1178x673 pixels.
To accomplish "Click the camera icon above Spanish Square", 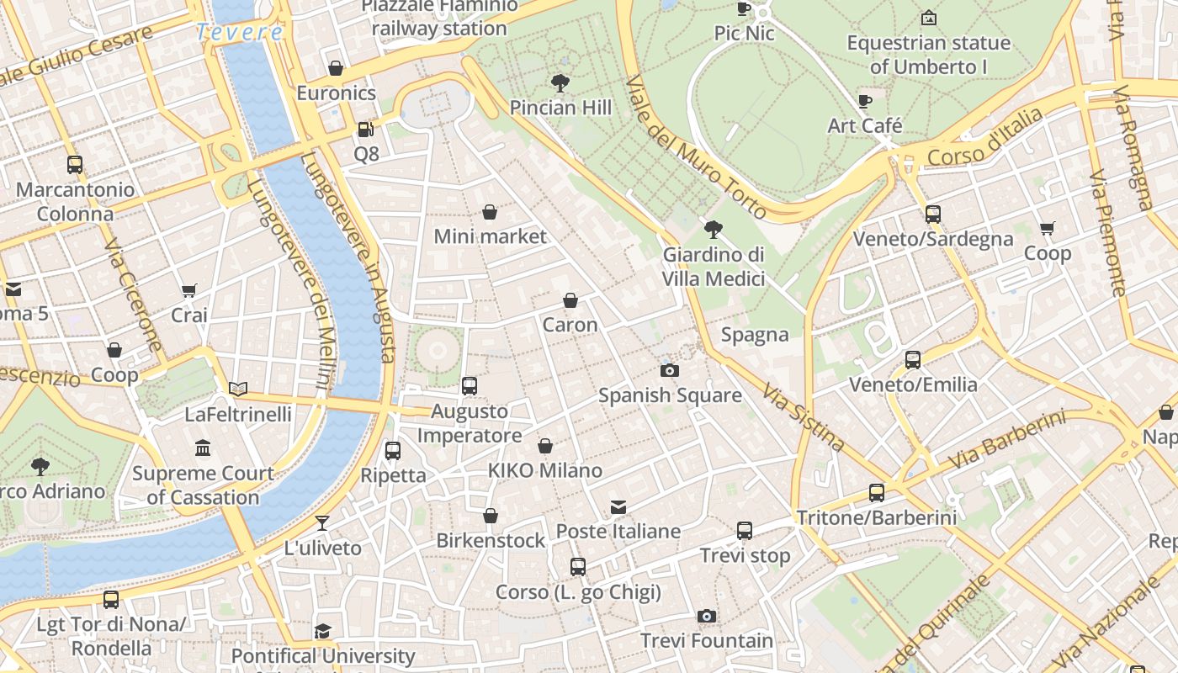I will (x=670, y=370).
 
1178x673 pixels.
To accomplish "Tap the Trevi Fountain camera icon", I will (x=707, y=616).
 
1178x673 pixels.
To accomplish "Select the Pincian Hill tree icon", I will (x=560, y=82).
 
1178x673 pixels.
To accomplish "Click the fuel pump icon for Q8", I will (x=366, y=129).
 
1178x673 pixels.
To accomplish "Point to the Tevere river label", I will (x=240, y=32).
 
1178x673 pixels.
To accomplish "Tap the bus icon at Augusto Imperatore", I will (x=470, y=386).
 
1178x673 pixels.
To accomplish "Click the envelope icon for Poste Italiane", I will (x=618, y=506).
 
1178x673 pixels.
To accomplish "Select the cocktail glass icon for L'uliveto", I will (x=322, y=522).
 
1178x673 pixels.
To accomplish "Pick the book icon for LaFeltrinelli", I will (x=238, y=389).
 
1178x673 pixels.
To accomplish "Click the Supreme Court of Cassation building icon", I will (x=203, y=448).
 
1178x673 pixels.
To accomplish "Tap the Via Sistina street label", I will (x=803, y=417).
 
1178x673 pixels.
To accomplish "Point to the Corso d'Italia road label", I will (x=984, y=138).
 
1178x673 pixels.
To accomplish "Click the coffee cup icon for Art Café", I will (x=865, y=101).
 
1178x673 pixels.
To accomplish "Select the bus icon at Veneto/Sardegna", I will (x=932, y=214).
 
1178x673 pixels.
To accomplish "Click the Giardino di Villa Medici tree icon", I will (x=714, y=228).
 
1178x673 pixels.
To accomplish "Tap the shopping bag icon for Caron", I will (x=570, y=300).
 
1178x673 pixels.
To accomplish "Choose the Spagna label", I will (x=755, y=335).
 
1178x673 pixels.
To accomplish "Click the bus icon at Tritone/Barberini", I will (x=877, y=493).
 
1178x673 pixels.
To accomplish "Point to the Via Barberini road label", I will (x=1006, y=440).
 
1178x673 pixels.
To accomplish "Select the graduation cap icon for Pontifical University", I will (x=322, y=631).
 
